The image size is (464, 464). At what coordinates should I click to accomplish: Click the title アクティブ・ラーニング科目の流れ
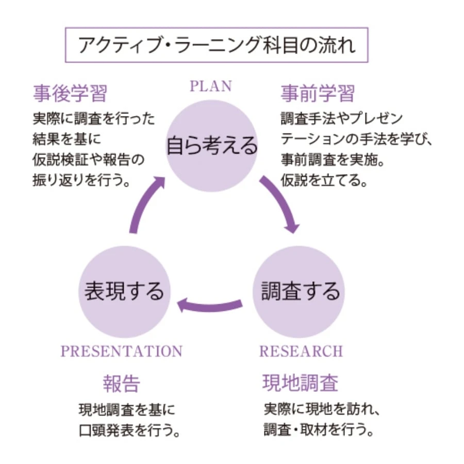[217, 45]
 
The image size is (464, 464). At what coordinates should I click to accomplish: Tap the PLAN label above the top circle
[211, 86]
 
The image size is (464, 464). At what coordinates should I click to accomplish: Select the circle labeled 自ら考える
[211, 145]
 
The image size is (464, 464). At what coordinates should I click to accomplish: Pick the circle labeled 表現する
[124, 292]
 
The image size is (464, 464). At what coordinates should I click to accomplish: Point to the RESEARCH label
[301, 352]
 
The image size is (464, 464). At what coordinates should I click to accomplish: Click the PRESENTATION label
[122, 352]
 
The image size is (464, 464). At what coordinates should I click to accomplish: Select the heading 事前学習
[318, 94]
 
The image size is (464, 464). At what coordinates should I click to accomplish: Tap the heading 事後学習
[70, 94]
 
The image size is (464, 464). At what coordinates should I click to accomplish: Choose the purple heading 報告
[122, 384]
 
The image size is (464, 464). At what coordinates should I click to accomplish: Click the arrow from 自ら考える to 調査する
[281, 204]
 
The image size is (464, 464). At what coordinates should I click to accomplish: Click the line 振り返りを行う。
[81, 181]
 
